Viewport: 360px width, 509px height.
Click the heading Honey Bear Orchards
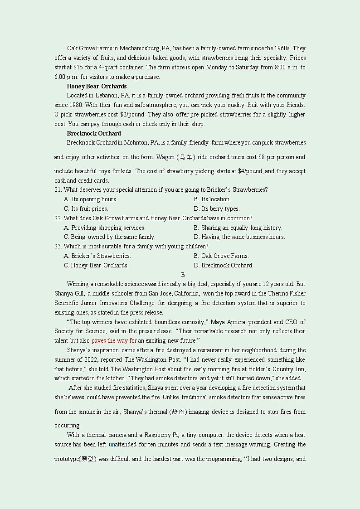(97, 86)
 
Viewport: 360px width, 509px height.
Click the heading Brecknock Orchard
(94, 133)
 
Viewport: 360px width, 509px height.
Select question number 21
(58, 190)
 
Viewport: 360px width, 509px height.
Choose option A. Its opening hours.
(90, 199)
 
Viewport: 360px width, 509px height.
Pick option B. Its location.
(212, 199)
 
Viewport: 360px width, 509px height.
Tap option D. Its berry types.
(216, 209)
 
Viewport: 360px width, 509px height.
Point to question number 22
(58, 218)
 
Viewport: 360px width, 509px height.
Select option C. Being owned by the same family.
(109, 237)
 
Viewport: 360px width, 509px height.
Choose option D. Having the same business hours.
(239, 237)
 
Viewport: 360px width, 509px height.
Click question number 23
(58, 247)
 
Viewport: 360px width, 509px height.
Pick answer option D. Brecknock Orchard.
(223, 266)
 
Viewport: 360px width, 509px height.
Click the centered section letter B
(183, 275)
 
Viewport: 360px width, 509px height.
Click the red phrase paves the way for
(114, 341)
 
